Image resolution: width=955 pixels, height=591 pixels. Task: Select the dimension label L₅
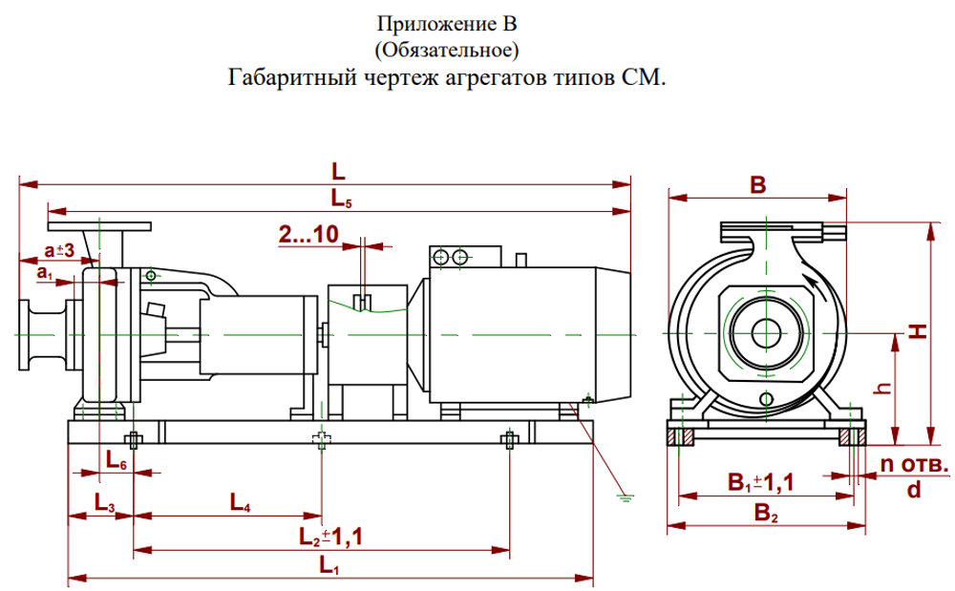tap(342, 199)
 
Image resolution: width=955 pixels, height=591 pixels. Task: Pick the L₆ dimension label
tap(116, 462)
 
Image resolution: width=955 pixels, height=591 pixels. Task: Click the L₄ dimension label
tap(241, 503)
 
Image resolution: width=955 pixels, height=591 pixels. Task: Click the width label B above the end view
tap(757, 186)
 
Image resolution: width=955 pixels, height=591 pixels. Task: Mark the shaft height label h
tap(884, 388)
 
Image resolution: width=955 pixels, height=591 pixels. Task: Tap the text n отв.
tap(914, 465)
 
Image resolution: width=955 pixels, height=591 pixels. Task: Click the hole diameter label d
tap(914, 490)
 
